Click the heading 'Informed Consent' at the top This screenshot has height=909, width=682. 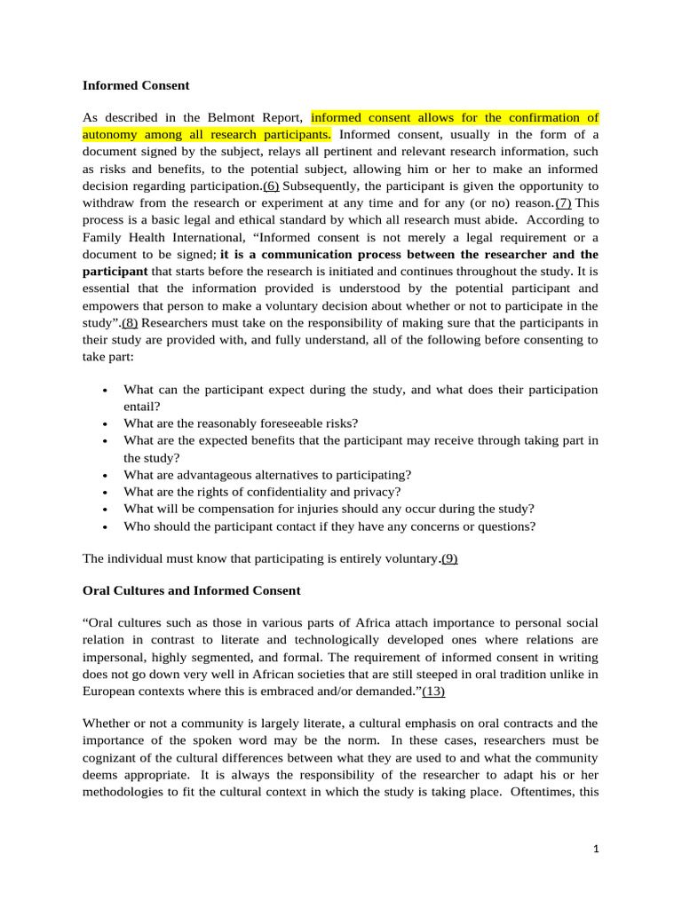pyautogui.click(x=136, y=86)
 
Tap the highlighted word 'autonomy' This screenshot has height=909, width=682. pyautogui.click(x=109, y=135)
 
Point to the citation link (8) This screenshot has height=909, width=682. pyautogui.click(x=124, y=323)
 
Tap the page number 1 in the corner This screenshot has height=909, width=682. pyautogui.click(x=597, y=849)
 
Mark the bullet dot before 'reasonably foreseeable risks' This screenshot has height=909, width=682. pyautogui.click(x=105, y=424)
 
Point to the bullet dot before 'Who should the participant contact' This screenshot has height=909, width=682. pyautogui.click(x=105, y=526)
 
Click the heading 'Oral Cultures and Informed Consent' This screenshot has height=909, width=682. pyautogui.click(x=192, y=590)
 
